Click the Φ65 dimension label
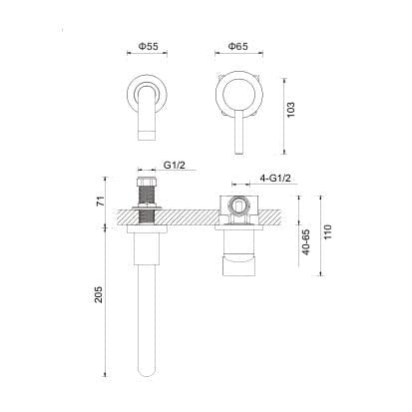[237, 47]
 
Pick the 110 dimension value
[326, 239]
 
